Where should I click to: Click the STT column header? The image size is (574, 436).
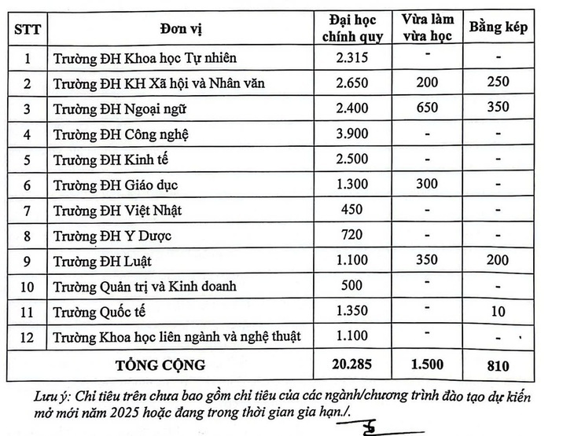click(x=28, y=29)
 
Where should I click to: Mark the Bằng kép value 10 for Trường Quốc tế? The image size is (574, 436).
click(x=498, y=312)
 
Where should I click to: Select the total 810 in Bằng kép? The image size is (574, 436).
click(x=498, y=365)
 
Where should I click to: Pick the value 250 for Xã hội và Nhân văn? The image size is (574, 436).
click(x=498, y=82)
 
